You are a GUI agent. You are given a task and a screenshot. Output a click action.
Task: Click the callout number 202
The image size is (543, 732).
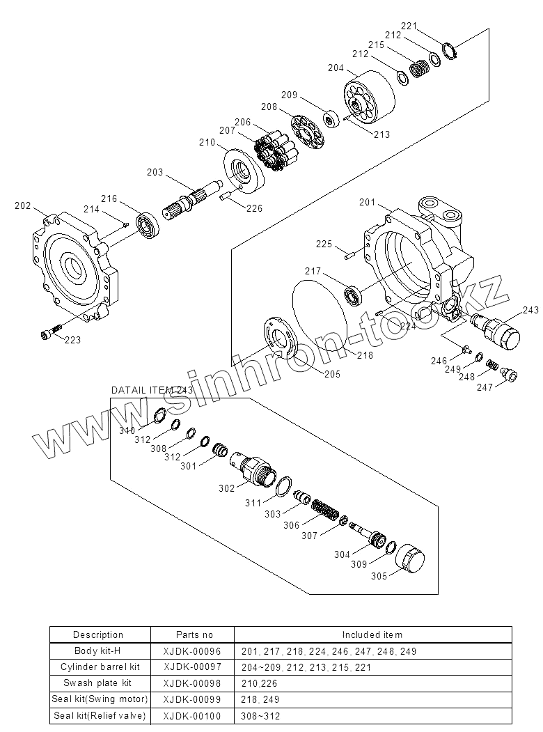(23, 205)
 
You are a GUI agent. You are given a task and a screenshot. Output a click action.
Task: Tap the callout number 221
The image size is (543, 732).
(409, 26)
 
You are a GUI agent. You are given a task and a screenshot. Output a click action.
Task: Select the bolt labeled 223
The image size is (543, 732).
(49, 334)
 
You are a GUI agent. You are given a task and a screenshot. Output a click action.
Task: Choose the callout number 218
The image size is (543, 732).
(365, 355)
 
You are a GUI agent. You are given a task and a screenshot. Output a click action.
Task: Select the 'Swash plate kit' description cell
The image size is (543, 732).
(98, 683)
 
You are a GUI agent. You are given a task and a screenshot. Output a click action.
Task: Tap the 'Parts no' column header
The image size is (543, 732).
(195, 634)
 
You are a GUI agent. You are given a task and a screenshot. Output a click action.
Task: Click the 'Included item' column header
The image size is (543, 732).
(372, 634)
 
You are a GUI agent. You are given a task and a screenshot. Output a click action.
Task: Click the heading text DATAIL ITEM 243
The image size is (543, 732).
(152, 390)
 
